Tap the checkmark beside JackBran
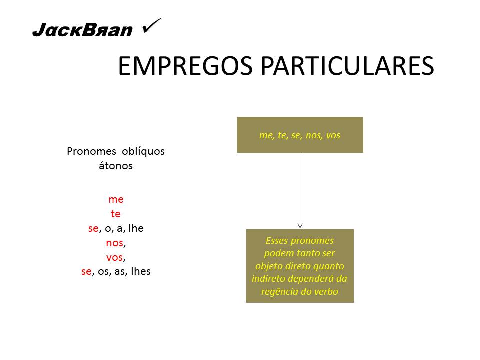151,26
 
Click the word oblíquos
143,151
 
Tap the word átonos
116,166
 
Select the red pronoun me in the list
116,199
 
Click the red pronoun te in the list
116,214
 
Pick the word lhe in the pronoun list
136,228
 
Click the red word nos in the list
114,243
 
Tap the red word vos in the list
114,257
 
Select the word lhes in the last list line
140,272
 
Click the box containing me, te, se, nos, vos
300,135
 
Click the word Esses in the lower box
277,240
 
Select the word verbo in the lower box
326,292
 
